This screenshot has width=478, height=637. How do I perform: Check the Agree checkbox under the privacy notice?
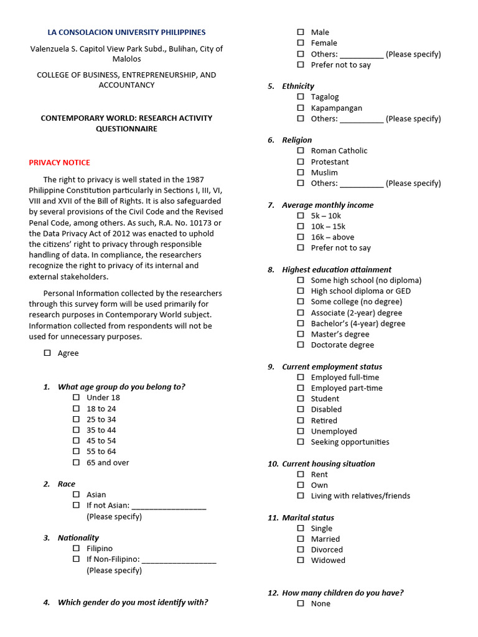(x=47, y=353)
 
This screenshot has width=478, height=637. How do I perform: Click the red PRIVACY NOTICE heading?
(x=59, y=162)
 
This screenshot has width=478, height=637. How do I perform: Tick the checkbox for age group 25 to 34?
(x=76, y=419)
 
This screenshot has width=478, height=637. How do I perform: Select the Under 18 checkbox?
(x=76, y=398)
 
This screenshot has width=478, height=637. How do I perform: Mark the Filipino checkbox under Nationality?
(x=76, y=549)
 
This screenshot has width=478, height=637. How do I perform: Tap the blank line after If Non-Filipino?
(x=179, y=559)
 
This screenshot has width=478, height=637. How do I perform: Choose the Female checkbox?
(x=301, y=43)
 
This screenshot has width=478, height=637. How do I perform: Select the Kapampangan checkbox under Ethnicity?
(x=301, y=108)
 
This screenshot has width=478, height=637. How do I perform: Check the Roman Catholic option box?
(x=301, y=151)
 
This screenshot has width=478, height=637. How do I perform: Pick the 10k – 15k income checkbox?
(x=301, y=226)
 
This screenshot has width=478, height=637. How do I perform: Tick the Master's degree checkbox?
(x=301, y=334)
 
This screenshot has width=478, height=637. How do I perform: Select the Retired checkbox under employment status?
(x=301, y=421)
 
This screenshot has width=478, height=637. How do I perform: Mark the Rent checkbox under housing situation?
(x=301, y=474)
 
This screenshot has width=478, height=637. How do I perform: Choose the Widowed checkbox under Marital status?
(x=301, y=560)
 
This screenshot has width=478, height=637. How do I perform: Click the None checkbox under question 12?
(x=301, y=603)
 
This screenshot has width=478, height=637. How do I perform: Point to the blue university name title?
(x=126, y=32)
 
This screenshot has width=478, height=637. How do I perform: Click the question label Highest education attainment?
(x=337, y=269)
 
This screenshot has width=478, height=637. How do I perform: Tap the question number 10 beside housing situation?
(x=273, y=463)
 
